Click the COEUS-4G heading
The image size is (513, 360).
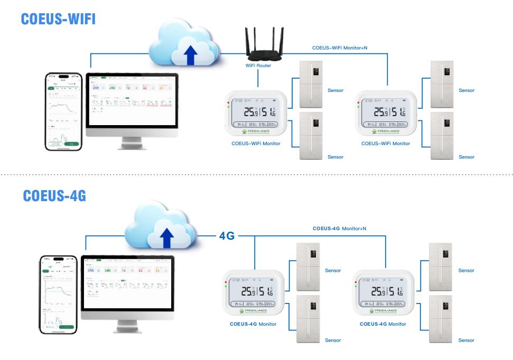(x=55, y=196)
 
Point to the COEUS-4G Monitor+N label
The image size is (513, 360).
(x=340, y=229)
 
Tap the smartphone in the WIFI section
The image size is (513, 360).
(x=63, y=112)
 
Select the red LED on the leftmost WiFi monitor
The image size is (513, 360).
(x=228, y=101)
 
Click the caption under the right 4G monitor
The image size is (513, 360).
(x=383, y=324)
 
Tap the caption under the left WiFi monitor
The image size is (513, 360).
(x=256, y=144)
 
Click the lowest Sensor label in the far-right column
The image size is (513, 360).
(x=466, y=340)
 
